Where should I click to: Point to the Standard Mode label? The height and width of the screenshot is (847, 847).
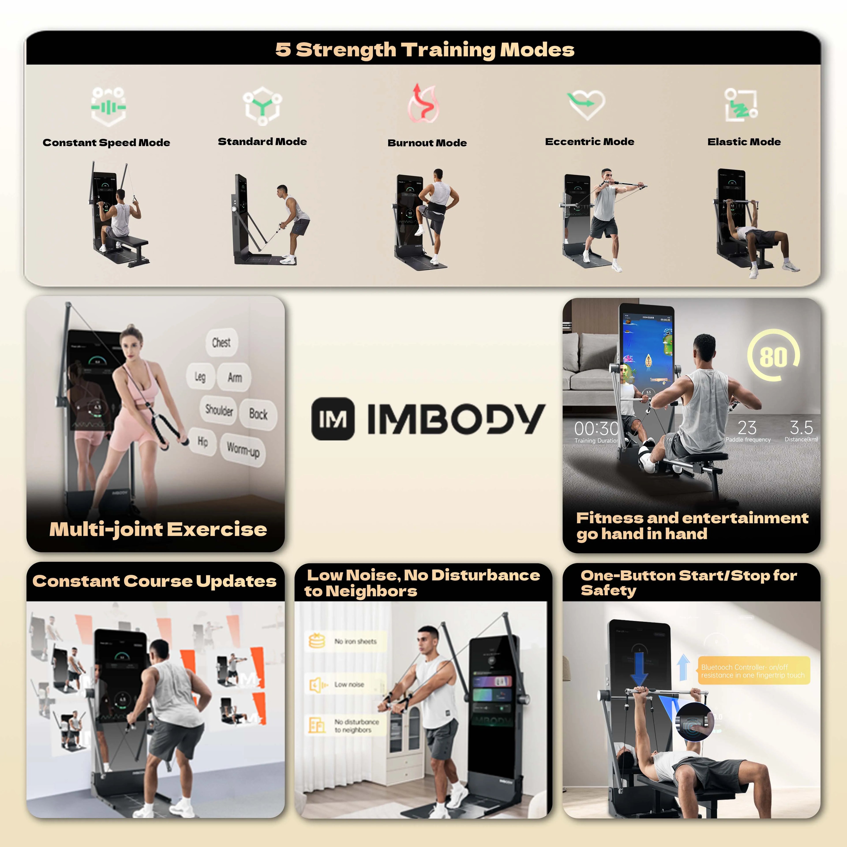coord(262,142)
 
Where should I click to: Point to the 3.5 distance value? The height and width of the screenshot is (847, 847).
coord(801,427)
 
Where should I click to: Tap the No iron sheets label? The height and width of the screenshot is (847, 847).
coord(355,641)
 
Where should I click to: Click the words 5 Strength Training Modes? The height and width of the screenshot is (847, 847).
coord(424,50)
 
